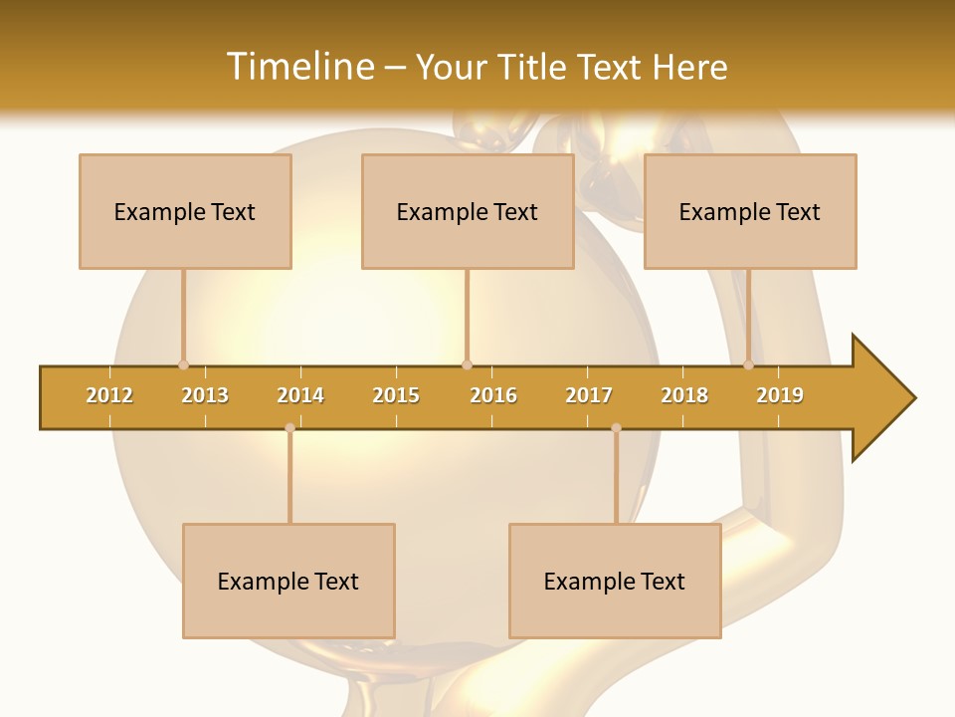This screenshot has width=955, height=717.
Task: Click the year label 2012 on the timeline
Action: tap(109, 395)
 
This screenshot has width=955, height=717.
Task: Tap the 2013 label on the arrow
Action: tap(205, 395)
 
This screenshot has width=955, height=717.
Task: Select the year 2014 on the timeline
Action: tap(300, 395)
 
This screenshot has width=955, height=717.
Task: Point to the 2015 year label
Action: tap(396, 395)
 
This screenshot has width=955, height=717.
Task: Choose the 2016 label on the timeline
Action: tap(493, 395)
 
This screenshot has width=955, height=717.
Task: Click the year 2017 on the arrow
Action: tap(589, 395)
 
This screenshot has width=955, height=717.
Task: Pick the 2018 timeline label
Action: tap(684, 395)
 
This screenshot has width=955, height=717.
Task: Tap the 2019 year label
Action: tap(780, 395)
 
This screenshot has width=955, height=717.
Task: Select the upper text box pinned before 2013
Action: tap(185, 212)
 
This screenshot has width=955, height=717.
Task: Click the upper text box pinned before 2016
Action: tap(468, 212)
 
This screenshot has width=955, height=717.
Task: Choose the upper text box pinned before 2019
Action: tap(750, 212)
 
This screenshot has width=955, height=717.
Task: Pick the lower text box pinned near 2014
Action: tap(288, 582)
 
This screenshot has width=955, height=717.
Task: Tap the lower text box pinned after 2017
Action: tap(615, 582)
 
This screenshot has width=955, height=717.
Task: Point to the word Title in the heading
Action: tap(533, 67)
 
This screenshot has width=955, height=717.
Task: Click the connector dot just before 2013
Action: tap(183, 364)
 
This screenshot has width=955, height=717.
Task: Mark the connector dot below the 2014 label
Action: tap(289, 427)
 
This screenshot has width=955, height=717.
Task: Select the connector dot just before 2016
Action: tap(467, 364)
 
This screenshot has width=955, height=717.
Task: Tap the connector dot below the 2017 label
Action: tap(616, 427)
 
